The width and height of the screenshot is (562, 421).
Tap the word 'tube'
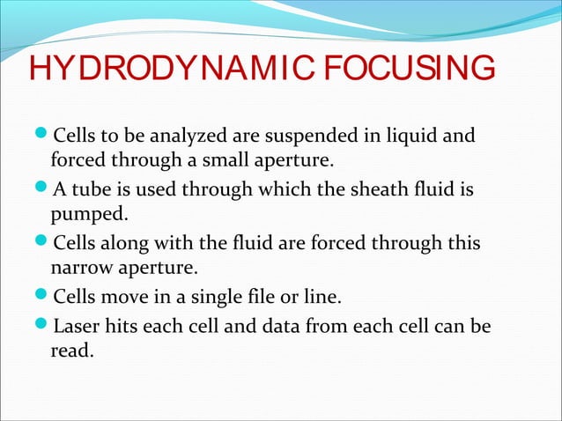click(x=89, y=188)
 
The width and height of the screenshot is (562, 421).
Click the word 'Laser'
click(x=77, y=328)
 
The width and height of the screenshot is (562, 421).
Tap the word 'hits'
click(x=122, y=328)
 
